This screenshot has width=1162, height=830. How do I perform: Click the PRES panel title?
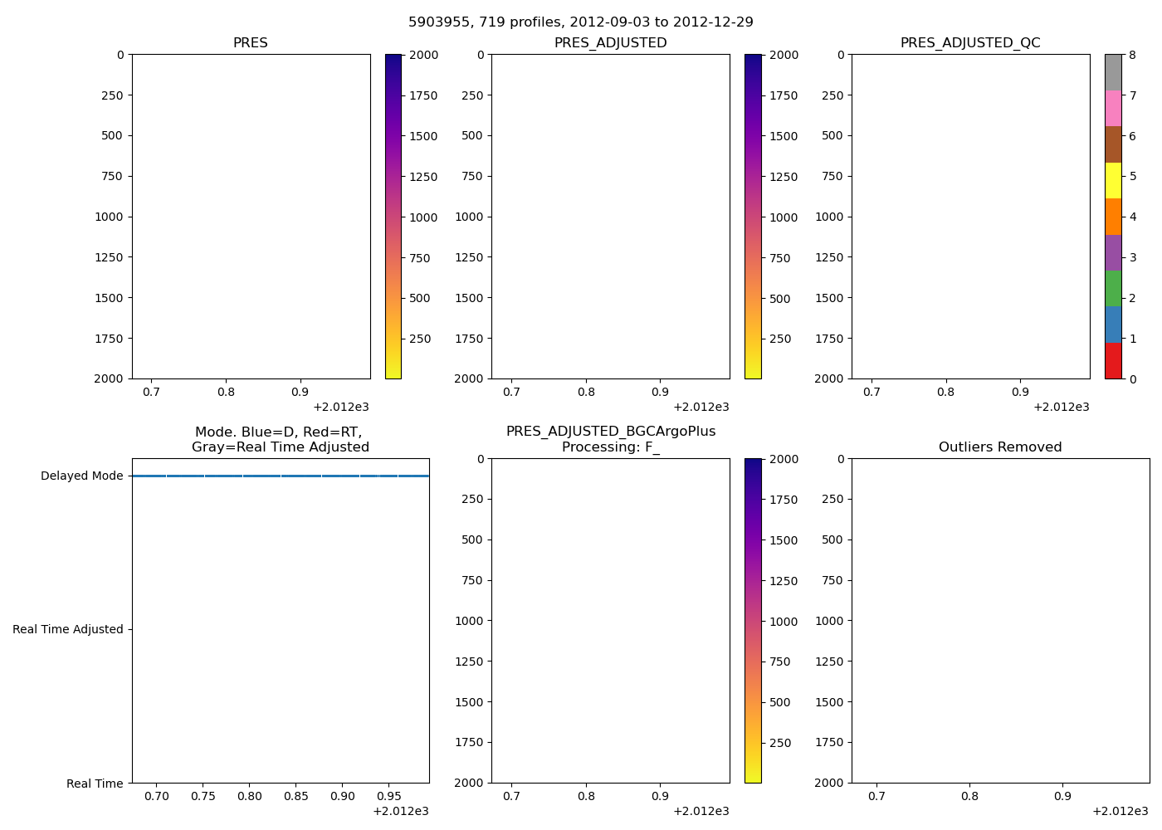(250, 43)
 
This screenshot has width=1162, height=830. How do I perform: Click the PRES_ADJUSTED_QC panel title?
(970, 43)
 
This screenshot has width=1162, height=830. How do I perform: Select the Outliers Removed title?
(1000, 447)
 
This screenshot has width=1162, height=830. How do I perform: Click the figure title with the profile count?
(581, 22)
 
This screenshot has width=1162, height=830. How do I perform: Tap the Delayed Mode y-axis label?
(81, 476)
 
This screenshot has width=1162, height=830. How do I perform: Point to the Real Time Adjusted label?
(67, 630)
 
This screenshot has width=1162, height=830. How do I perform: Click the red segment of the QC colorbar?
(1113, 361)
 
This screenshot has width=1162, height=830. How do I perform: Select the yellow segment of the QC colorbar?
(1113, 180)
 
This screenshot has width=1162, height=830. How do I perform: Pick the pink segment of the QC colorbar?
(1113, 108)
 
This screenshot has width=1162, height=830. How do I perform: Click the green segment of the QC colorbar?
(1113, 288)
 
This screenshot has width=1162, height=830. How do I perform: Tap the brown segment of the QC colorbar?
(1113, 144)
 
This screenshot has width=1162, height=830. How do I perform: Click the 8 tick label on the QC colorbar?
(1132, 56)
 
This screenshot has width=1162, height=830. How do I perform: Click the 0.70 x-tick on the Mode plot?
(157, 797)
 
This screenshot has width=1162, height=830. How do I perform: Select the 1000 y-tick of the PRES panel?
(109, 217)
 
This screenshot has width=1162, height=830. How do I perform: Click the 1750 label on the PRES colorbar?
(423, 96)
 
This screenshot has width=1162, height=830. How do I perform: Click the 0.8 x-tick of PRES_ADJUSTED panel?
(586, 393)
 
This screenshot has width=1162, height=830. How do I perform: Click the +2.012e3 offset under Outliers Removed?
(1120, 812)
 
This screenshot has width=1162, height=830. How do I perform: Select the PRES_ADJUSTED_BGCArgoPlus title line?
(611, 432)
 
